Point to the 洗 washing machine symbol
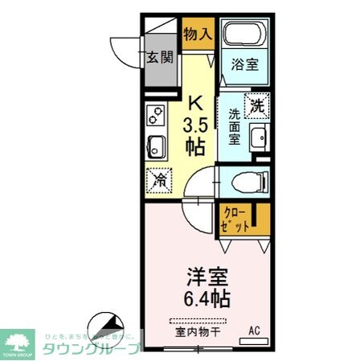pyautogui.click(x=256, y=104)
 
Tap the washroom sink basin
pyautogui.click(x=258, y=139)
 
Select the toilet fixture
pyautogui.click(x=245, y=182)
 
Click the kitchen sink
pyautogui.click(x=156, y=147)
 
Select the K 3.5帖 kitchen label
pyautogui.click(x=195, y=125)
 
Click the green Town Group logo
pyautogui.click(x=19, y=341)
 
